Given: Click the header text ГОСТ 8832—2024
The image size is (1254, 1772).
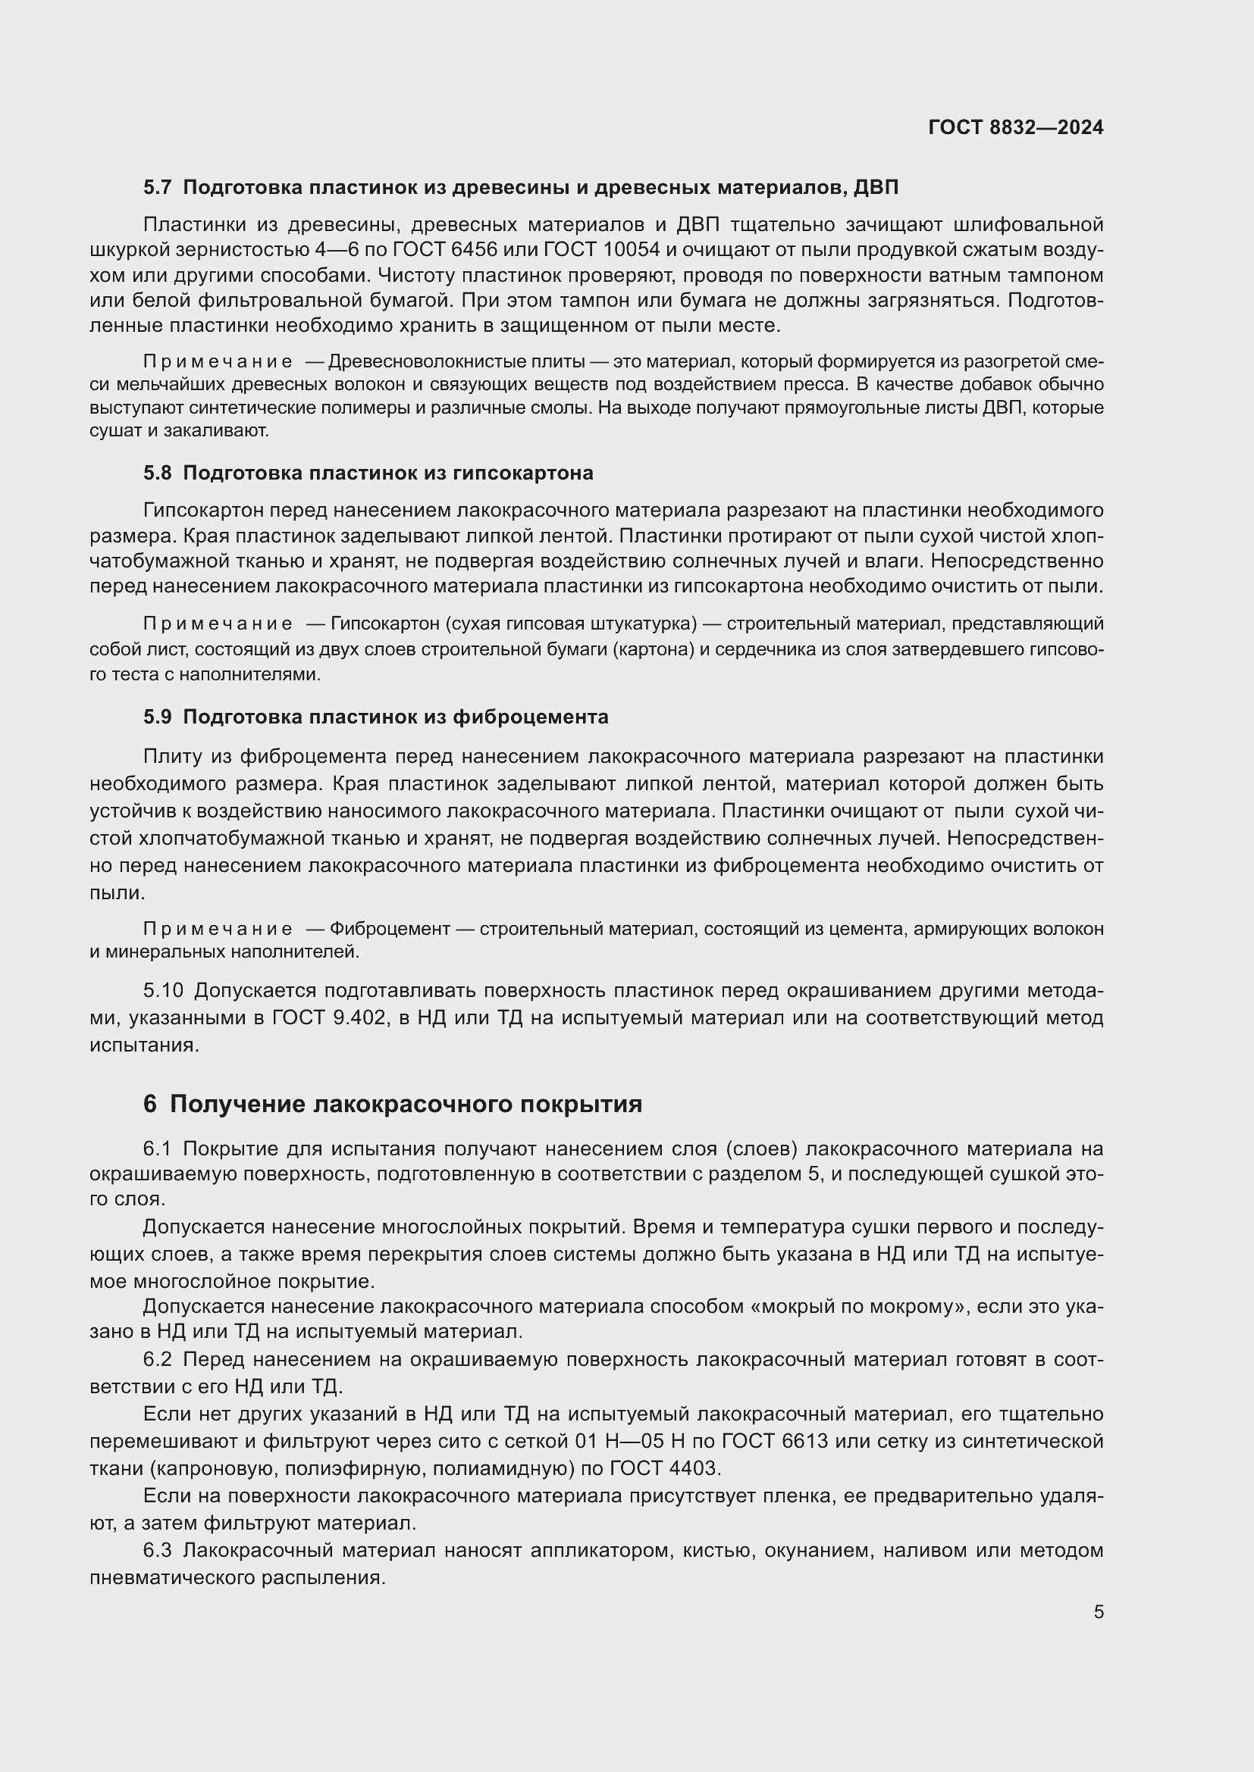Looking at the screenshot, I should (x=1015, y=127).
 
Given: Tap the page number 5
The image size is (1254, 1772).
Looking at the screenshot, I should (x=1098, y=1611).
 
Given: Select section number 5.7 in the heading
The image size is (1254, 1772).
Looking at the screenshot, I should (x=158, y=188).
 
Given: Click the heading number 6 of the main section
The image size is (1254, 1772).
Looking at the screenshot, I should (x=150, y=1105).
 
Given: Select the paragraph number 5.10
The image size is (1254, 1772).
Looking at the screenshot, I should (x=163, y=991).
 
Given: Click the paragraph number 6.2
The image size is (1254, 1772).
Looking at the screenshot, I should (x=157, y=1359).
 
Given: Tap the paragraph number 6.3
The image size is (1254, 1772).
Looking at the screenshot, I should (x=157, y=1551).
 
